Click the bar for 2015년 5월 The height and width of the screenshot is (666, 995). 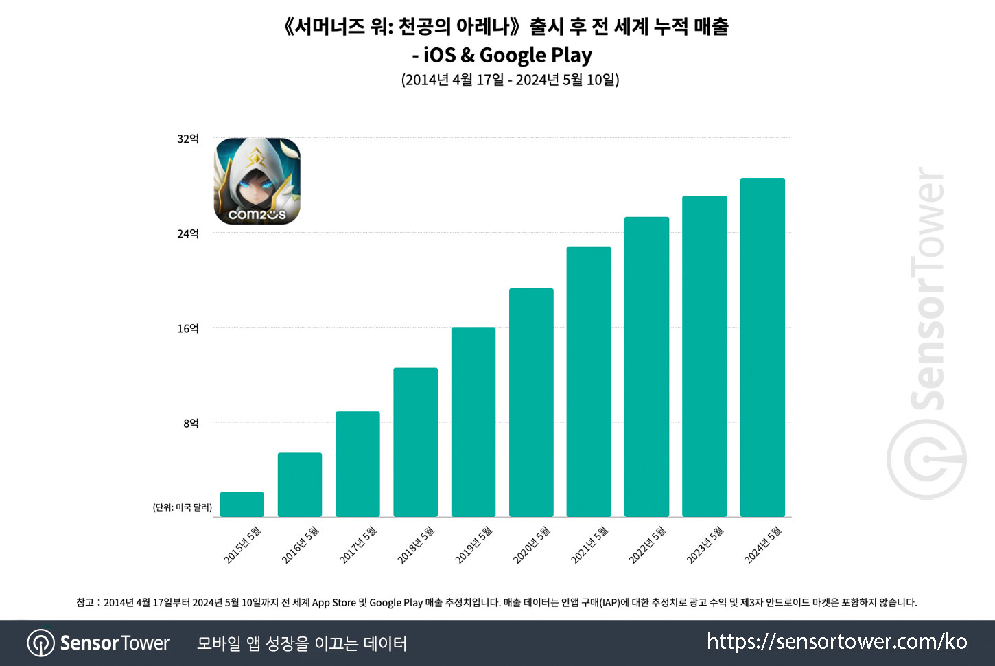[x=242, y=505]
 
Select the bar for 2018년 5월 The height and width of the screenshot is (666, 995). [x=415, y=442]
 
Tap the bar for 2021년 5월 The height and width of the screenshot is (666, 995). [x=589, y=382]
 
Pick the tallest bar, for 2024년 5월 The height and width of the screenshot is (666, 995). [x=762, y=347]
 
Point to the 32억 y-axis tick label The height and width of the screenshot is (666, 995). [x=187, y=139]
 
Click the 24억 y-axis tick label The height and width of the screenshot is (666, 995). [x=187, y=234]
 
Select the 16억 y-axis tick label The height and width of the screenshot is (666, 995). [x=187, y=329]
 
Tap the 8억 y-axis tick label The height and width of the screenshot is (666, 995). [x=191, y=424]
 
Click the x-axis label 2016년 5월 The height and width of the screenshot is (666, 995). [x=301, y=545]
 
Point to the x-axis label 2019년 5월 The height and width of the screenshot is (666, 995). [x=474, y=545]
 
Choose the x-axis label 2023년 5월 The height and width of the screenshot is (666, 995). [x=705, y=545]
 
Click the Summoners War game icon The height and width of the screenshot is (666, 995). [x=257, y=181]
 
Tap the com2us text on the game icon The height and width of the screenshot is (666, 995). [x=257, y=215]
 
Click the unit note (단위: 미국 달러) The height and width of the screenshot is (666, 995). [x=183, y=507]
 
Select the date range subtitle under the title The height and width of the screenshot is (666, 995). [x=510, y=80]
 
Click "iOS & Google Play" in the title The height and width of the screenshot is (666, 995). [x=508, y=55]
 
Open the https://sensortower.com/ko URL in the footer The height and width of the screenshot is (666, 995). [x=837, y=642]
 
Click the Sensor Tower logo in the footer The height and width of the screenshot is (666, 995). [x=98, y=643]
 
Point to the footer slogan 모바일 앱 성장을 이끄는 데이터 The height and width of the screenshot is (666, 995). [x=302, y=643]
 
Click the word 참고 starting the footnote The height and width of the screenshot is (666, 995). [x=84, y=603]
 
